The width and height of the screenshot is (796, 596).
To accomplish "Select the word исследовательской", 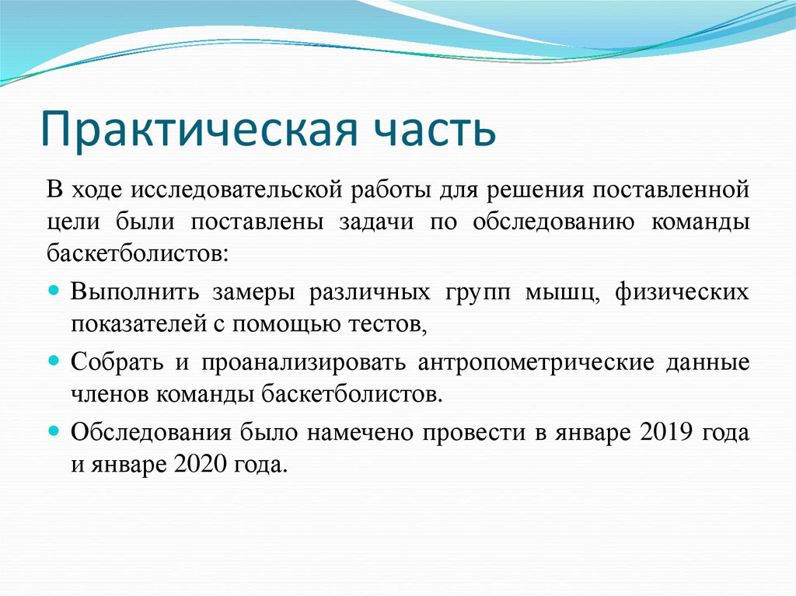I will click(243, 189).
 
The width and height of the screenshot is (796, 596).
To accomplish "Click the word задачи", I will click(376, 221).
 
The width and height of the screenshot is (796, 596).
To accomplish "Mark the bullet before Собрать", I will click(54, 360).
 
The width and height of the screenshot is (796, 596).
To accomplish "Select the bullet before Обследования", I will click(54, 429).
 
